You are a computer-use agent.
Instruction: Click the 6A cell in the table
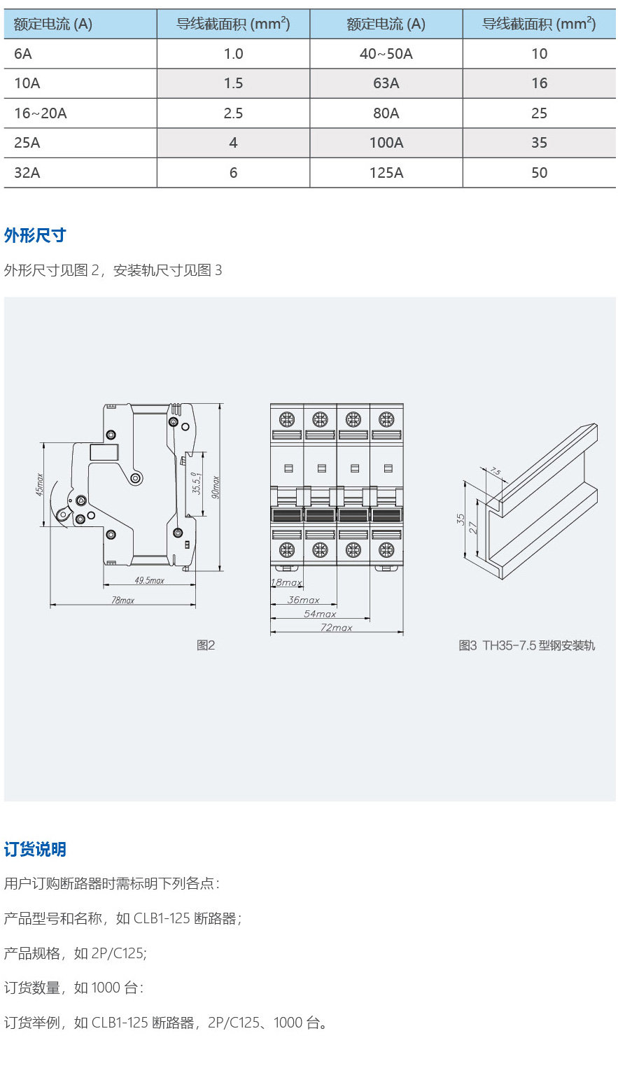23,54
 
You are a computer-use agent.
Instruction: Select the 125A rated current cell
386,173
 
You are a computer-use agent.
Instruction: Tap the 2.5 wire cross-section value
233,113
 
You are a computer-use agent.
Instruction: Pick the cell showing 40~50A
386,54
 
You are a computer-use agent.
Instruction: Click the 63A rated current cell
386,83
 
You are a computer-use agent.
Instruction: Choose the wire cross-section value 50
540,173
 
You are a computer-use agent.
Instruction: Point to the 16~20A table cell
41,113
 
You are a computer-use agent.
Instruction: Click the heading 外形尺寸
35,235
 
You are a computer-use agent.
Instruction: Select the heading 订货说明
35,849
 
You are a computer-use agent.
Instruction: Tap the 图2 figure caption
206,645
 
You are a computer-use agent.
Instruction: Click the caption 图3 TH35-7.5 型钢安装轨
526,645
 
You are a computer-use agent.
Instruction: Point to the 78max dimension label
122,601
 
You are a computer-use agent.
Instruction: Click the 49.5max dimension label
149,580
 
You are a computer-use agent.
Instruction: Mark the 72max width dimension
337,628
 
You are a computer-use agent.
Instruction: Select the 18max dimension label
286,582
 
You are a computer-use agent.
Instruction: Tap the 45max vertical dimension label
39,484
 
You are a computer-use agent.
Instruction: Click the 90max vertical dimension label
216,487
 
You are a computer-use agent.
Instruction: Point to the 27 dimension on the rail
473,527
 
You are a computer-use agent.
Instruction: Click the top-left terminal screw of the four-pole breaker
287,420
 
